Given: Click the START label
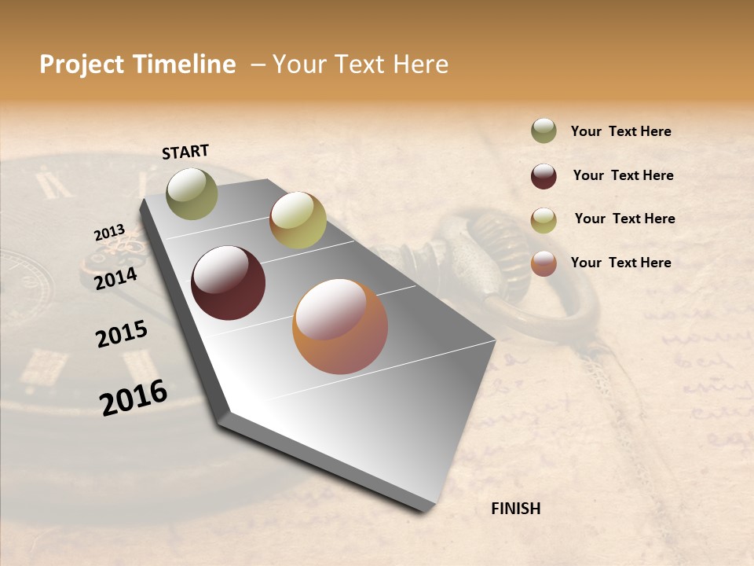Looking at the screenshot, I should pyautogui.click(x=185, y=152).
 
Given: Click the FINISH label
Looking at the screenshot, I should pyautogui.click(x=515, y=509).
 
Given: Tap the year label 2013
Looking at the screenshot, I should pyautogui.click(x=109, y=233).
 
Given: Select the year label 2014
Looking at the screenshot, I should pyautogui.click(x=115, y=279).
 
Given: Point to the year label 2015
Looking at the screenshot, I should pyautogui.click(x=122, y=334).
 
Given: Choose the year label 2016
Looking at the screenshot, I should pyautogui.click(x=134, y=398).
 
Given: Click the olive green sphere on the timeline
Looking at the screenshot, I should pyautogui.click(x=192, y=193).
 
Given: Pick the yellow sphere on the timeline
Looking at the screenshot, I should pyautogui.click(x=298, y=220).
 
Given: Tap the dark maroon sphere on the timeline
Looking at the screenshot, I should pyautogui.click(x=228, y=283).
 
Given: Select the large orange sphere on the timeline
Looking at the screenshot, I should pyautogui.click(x=340, y=326).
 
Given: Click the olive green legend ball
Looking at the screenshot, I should pyautogui.click(x=544, y=131).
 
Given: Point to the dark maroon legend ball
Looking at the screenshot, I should pyautogui.click(x=544, y=176).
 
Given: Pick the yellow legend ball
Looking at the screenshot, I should pyautogui.click(x=544, y=220).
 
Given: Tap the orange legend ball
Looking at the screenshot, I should pyautogui.click(x=544, y=263).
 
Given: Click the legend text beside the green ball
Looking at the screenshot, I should pyautogui.click(x=620, y=132).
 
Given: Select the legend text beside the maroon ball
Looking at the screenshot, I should pyautogui.click(x=623, y=175).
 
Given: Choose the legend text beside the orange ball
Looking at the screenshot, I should pyautogui.click(x=620, y=263).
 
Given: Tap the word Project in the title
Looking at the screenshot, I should pyautogui.click(x=82, y=64).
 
